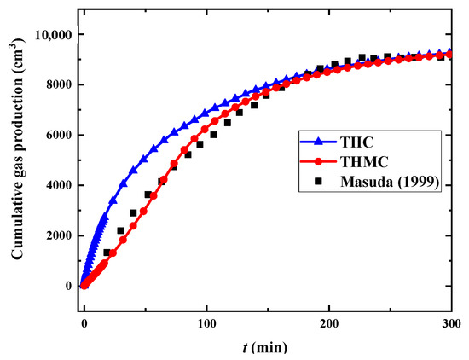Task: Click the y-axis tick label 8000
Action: point(56,85)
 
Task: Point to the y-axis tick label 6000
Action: point(56,136)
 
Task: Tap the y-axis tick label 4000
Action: point(56,185)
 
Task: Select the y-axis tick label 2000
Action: point(56,235)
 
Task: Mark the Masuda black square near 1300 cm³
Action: point(107,253)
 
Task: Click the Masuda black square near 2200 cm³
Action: point(120,230)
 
